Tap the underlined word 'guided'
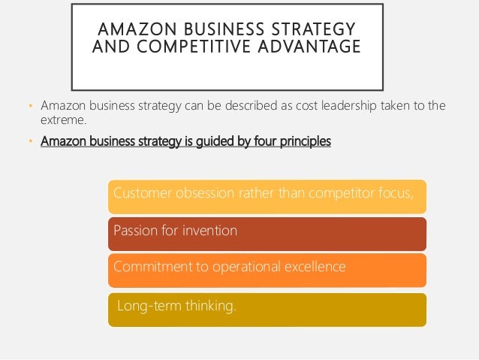tap(206, 141)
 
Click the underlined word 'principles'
tap(303, 141)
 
